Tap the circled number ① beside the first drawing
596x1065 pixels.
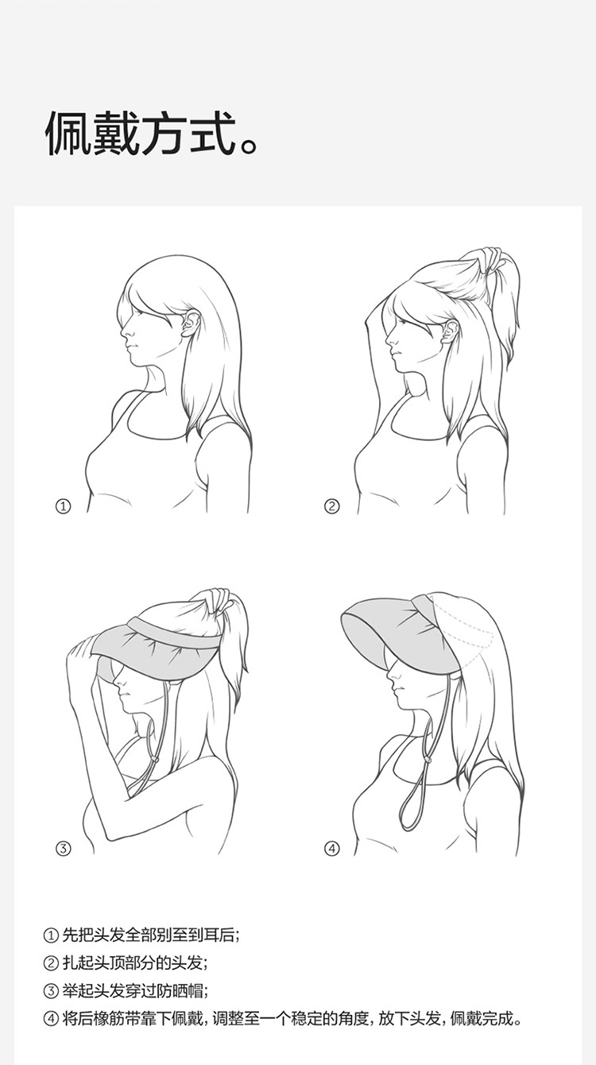click(x=64, y=506)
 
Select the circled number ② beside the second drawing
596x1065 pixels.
click(x=331, y=506)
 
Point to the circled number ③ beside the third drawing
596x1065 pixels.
click(x=64, y=848)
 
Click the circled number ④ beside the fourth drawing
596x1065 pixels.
click(x=331, y=848)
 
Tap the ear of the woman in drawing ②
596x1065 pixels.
click(x=450, y=332)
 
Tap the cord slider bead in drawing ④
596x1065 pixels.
click(x=427, y=761)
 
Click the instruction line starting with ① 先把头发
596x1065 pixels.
click(x=141, y=935)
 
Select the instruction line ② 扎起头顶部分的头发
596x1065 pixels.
click(x=126, y=963)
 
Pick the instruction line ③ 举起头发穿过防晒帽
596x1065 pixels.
click(x=126, y=991)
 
